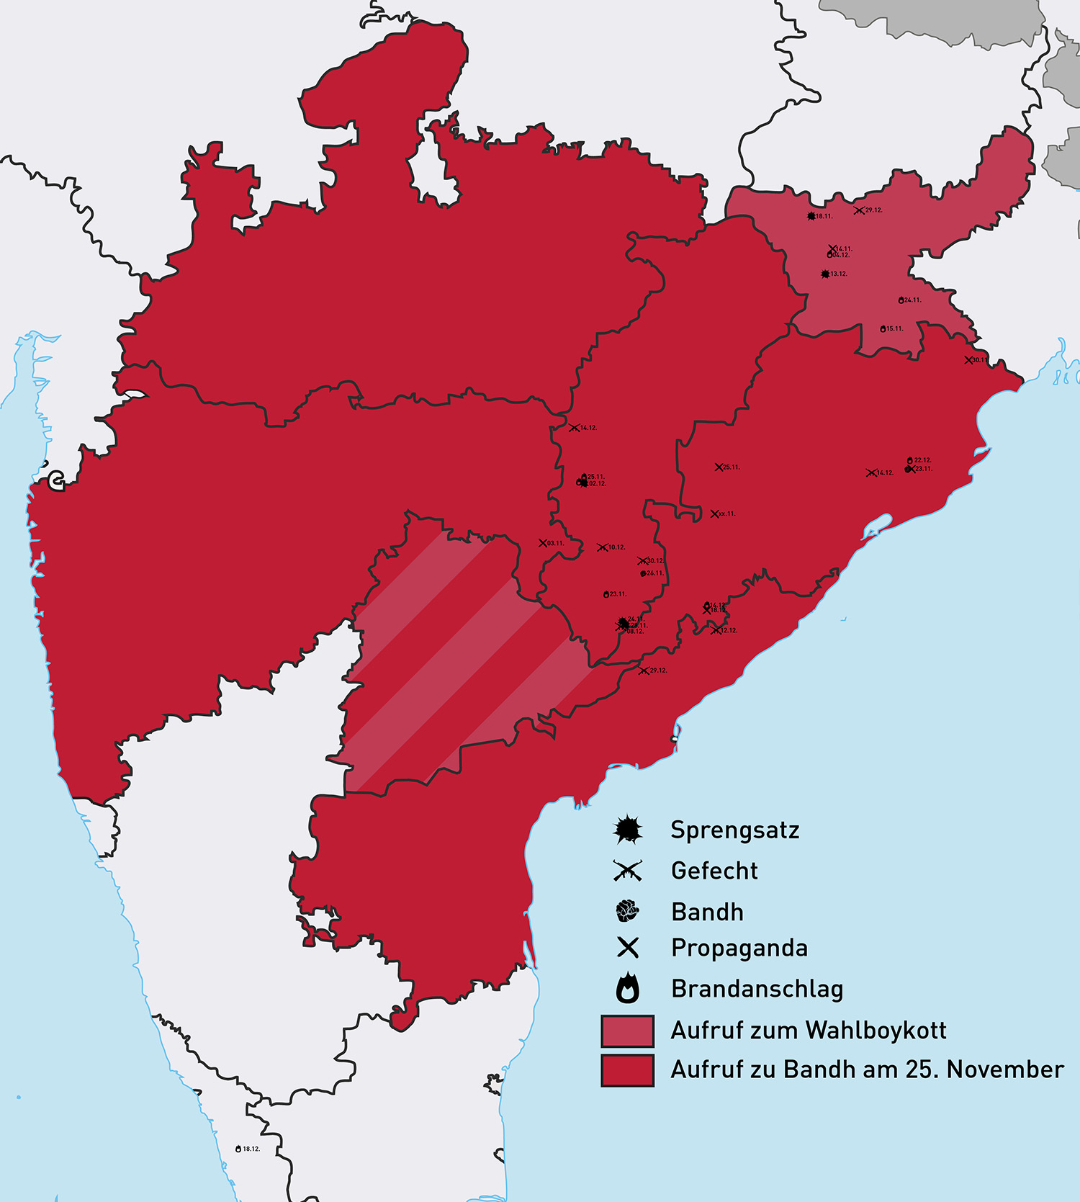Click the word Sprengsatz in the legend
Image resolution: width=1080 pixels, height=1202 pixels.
[734, 830]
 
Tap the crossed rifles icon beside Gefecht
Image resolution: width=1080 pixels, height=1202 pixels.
[628, 871]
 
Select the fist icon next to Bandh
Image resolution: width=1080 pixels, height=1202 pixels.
[628, 911]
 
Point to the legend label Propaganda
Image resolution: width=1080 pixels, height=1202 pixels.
[739, 948]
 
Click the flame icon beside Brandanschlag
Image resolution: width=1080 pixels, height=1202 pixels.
[628, 988]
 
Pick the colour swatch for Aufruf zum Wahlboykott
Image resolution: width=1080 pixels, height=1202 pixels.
[628, 1031]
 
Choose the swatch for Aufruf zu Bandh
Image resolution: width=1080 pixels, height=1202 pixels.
[628, 1069]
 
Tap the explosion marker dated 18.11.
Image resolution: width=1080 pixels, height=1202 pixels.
[811, 216]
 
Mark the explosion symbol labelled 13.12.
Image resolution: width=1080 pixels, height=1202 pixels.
[825, 274]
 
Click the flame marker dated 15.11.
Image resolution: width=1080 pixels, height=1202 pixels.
[883, 328]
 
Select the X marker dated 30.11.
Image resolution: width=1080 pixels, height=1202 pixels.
[968, 360]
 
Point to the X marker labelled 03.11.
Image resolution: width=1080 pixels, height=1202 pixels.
[543, 543]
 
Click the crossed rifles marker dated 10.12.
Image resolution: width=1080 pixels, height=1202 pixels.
[602, 547]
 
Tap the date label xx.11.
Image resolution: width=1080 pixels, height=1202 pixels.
[727, 514]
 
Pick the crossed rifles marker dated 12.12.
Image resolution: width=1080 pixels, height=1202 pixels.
[715, 630]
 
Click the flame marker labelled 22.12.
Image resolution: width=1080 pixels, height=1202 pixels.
[910, 459]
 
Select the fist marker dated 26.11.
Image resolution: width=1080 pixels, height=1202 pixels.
[643, 573]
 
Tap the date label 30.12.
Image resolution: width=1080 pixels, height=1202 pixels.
[655, 561]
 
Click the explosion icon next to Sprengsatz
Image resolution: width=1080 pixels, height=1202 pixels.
[628, 830]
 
